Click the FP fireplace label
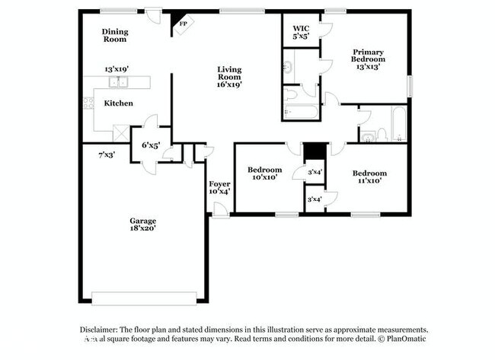point(183,24)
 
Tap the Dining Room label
point(114,35)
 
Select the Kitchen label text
point(118,104)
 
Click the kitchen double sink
point(118,83)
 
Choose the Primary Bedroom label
point(367,59)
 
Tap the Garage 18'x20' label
point(142,225)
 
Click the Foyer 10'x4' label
point(219,187)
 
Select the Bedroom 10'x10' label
point(265,174)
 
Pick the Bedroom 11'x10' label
point(369,177)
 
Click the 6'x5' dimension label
point(150,145)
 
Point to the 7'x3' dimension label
point(106,155)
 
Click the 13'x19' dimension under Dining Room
point(118,68)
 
